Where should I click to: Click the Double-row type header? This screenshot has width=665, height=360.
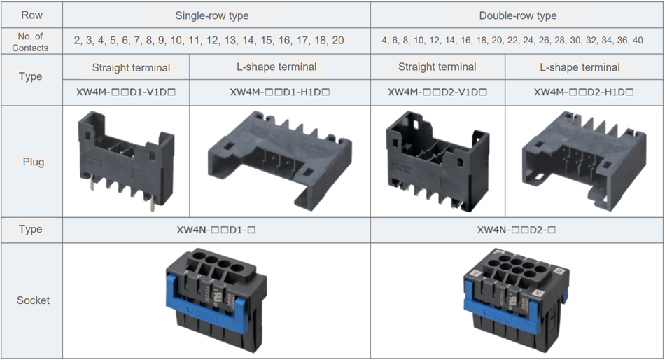click(x=517, y=15)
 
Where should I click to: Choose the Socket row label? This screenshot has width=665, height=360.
click(x=33, y=300)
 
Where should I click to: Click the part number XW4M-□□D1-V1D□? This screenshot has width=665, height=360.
click(x=125, y=92)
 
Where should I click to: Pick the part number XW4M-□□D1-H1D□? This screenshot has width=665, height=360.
click(x=279, y=92)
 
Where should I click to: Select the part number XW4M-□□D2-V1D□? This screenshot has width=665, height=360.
click(x=437, y=92)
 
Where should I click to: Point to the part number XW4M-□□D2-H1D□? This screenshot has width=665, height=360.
click(x=584, y=92)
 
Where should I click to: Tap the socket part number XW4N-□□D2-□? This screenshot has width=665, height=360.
click(x=517, y=230)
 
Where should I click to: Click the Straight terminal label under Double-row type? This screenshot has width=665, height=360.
click(x=437, y=67)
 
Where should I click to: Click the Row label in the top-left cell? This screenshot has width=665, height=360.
click(x=30, y=15)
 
